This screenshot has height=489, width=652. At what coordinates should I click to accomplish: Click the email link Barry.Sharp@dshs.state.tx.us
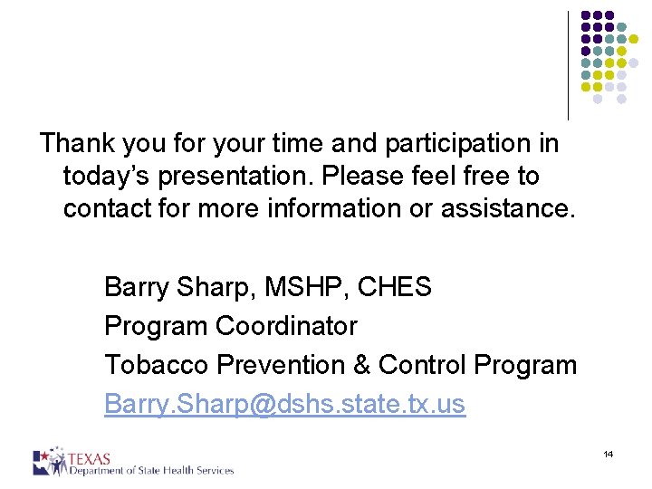tap(284, 403)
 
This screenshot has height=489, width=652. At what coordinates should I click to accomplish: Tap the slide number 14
tap(608, 454)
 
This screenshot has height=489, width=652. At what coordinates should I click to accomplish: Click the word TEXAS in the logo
tap(91, 456)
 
